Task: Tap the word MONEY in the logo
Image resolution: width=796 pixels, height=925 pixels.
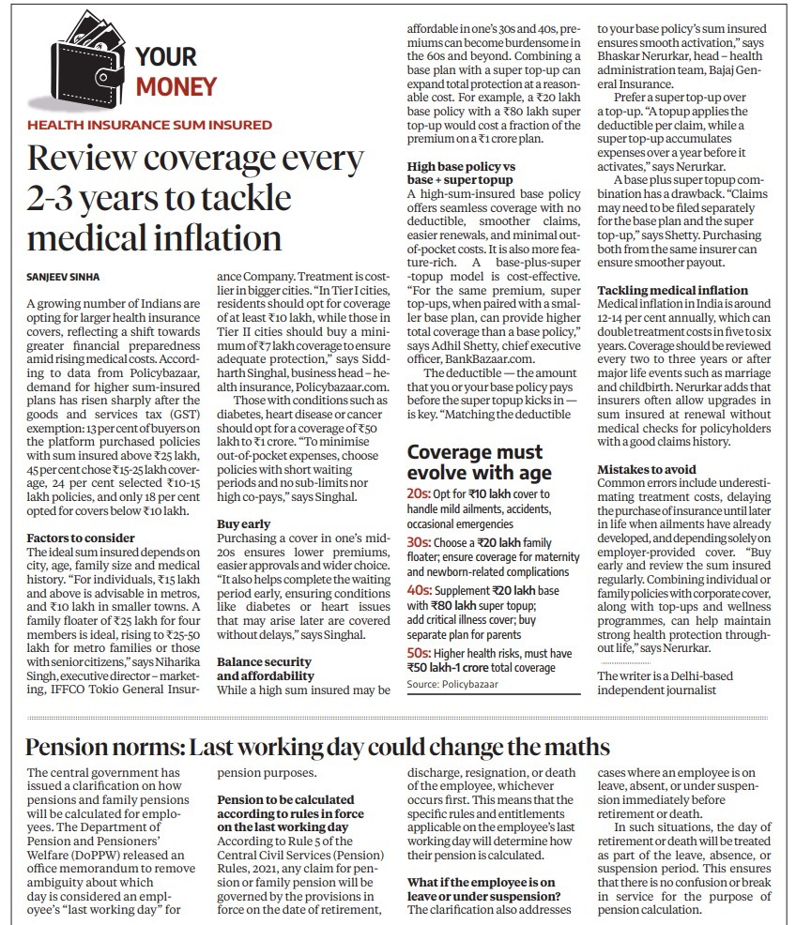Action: click(176, 87)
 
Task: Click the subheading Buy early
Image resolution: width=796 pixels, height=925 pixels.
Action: click(244, 523)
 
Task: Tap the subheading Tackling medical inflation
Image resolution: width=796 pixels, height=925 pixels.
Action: click(673, 290)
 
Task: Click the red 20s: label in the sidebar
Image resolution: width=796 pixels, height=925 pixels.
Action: click(419, 493)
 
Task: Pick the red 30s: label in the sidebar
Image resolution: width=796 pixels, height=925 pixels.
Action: click(419, 543)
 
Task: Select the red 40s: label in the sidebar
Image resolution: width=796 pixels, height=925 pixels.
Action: click(419, 592)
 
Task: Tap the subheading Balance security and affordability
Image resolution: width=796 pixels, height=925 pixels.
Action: click(264, 668)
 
